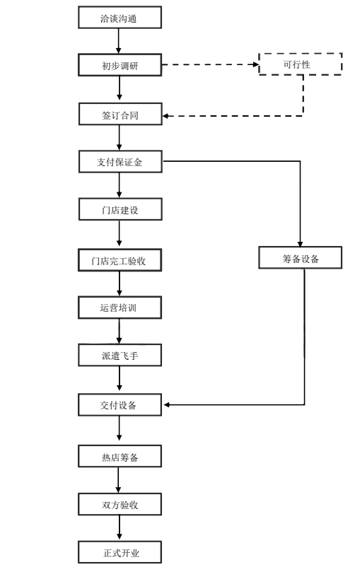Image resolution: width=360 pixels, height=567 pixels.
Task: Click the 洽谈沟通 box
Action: click(x=120, y=18)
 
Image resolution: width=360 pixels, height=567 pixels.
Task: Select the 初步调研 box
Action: click(x=120, y=65)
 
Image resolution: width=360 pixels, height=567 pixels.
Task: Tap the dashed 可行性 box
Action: click(x=300, y=64)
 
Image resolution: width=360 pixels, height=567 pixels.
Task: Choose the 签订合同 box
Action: click(x=120, y=115)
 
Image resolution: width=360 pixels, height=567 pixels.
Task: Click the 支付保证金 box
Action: click(x=120, y=162)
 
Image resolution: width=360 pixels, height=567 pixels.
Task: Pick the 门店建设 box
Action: click(x=120, y=209)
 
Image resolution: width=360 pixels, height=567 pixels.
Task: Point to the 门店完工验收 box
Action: click(x=120, y=260)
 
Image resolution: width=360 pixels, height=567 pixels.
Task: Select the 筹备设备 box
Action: click(x=300, y=258)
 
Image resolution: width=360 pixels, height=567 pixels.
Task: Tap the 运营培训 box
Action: click(x=120, y=308)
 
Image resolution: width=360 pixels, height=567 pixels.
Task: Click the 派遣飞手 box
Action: click(x=120, y=355)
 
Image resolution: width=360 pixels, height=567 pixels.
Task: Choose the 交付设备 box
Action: click(x=120, y=404)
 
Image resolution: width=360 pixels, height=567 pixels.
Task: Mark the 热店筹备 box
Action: click(x=120, y=456)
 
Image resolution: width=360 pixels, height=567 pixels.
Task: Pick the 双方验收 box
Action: click(x=120, y=504)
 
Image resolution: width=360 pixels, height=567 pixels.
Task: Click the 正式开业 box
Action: click(x=120, y=552)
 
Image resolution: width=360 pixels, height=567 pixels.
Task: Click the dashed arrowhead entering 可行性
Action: click(x=256, y=64)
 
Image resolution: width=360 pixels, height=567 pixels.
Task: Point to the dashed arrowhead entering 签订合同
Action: click(x=166, y=116)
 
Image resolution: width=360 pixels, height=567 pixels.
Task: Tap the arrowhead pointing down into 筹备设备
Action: click(x=300, y=244)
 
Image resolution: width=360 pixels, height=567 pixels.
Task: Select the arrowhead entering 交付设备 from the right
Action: click(x=166, y=404)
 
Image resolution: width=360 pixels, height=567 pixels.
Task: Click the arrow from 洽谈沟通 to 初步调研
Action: click(x=118, y=41)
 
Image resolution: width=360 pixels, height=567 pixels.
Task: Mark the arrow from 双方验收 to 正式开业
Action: click(x=119, y=528)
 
